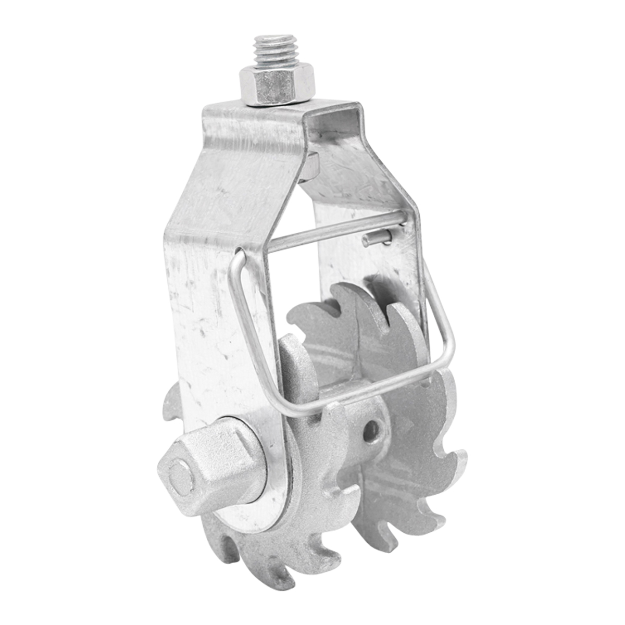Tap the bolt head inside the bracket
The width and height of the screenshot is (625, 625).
[311, 166]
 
